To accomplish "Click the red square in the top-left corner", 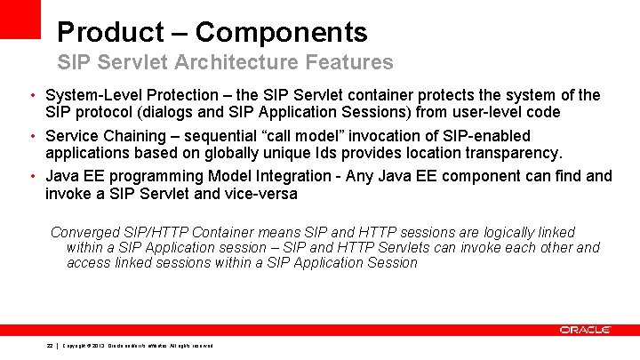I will (20, 19).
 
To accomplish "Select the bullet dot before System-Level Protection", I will (31, 95).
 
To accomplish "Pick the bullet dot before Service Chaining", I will (31, 136).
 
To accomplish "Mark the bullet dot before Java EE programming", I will (31, 176).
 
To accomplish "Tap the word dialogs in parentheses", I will (170, 112).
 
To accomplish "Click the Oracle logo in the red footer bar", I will (584, 330).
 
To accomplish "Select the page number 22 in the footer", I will (50, 346).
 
